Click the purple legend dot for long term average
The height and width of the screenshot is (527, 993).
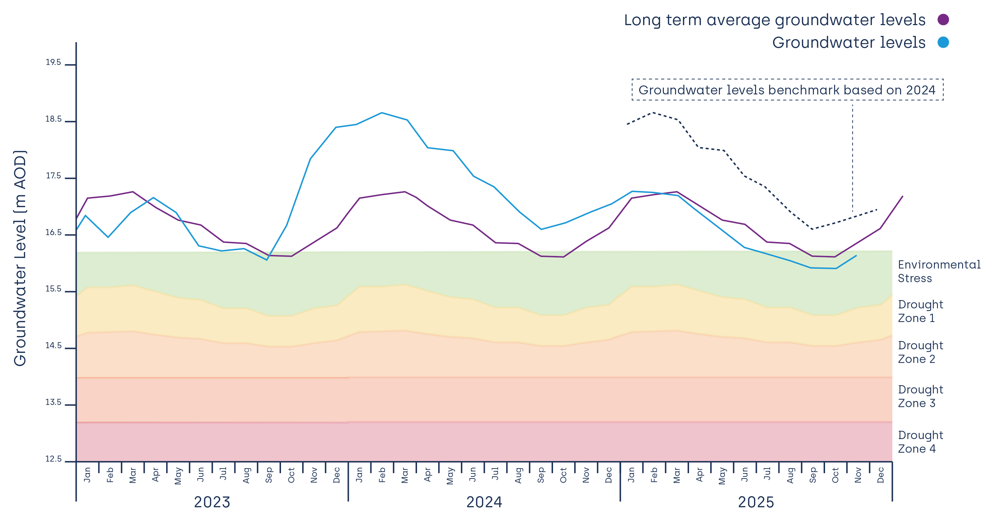coord(943,20)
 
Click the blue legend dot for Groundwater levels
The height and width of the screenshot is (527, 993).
coord(943,42)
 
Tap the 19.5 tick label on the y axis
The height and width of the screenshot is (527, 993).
coord(53,62)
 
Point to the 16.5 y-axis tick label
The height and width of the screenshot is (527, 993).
coord(53,233)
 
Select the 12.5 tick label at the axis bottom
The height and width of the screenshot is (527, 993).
coord(53,459)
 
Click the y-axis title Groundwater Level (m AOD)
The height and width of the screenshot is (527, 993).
coord(20,258)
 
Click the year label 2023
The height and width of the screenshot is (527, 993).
coord(212,502)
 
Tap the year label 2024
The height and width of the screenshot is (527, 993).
coord(484,502)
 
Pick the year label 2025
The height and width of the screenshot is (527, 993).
coord(755,502)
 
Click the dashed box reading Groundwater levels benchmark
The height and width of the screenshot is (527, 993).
coord(787,90)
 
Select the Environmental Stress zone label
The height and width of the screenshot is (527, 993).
coord(939,271)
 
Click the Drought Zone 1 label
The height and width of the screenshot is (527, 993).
coord(920,311)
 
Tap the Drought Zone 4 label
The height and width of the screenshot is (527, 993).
coord(920,442)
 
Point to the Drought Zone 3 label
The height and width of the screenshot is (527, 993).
coord(920,396)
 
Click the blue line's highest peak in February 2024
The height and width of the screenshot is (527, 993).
coord(381,113)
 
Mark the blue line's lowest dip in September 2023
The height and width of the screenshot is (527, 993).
coord(267,260)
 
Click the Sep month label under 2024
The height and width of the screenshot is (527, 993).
coord(540,475)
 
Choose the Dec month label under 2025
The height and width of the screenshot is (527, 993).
coord(880,475)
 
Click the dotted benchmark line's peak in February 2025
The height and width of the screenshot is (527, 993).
coord(653,113)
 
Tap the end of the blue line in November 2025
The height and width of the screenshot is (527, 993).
coord(856,256)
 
